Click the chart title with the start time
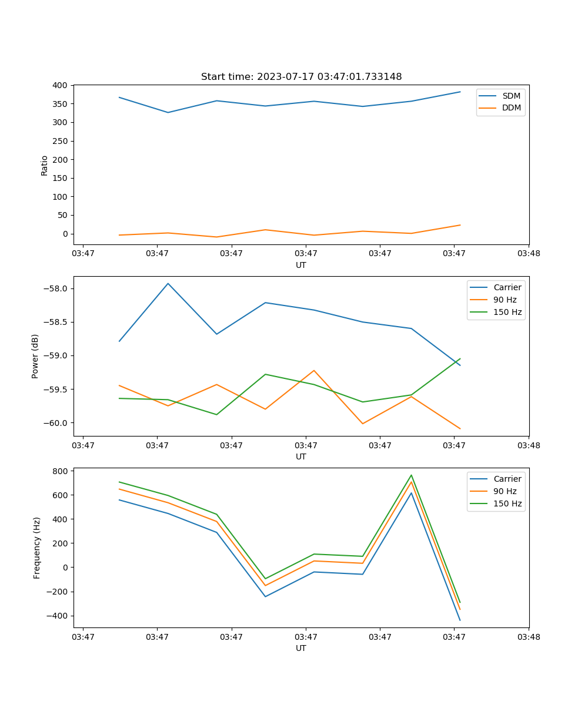click(301, 77)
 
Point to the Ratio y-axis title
click(45, 165)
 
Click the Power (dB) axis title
click(35, 356)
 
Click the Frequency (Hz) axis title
click(37, 548)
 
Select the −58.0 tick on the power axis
click(56, 288)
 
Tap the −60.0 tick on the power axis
click(56, 423)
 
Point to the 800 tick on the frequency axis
click(60, 471)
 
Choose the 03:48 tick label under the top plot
click(528, 254)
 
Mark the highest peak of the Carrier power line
click(168, 283)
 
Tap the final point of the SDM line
click(460, 92)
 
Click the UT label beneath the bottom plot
click(301, 648)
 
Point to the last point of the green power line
click(460, 358)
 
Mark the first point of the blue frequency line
click(119, 500)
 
